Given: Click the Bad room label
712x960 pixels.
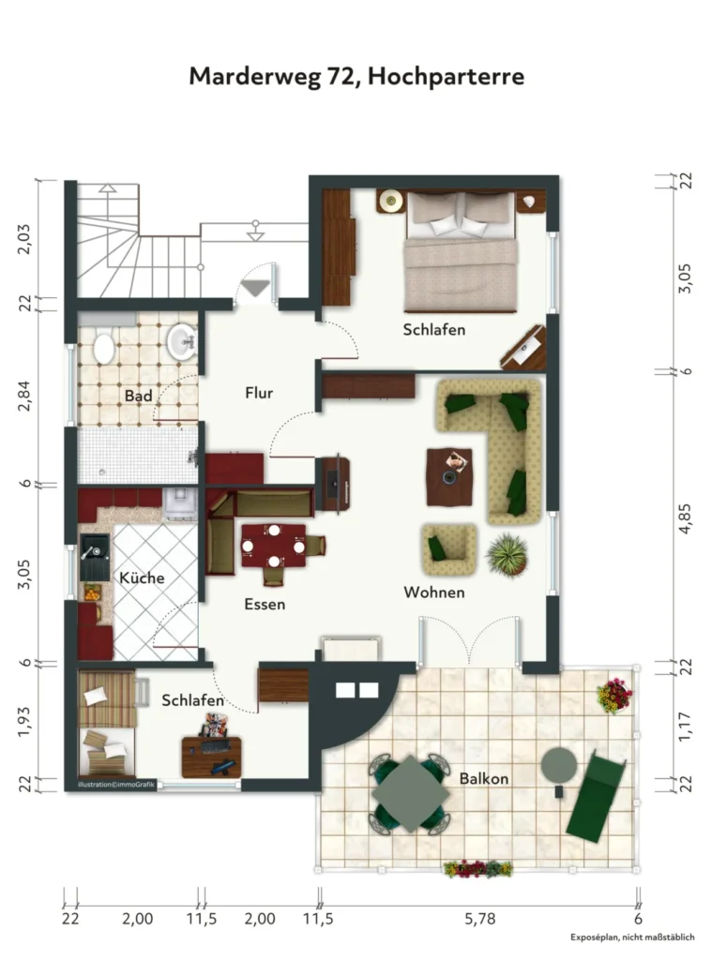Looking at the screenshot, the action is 138,396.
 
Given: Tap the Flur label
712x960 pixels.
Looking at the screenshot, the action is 259,393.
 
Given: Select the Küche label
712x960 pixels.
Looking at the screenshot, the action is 142,577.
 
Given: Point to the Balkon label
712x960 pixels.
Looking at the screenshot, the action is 483,779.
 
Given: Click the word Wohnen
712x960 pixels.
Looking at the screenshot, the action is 433,592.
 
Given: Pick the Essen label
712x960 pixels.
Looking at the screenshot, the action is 265,605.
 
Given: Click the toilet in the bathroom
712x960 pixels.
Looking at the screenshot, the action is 103,347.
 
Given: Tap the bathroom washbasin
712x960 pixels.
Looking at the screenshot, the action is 182,341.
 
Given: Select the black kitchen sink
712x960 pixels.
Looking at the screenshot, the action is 95,557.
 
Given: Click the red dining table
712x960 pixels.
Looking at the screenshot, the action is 273,546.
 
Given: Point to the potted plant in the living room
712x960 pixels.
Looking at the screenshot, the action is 507,555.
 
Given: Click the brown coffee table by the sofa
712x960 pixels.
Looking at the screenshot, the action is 449,477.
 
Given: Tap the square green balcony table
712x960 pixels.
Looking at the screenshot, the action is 410,793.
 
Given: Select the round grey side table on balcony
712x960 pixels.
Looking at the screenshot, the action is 559,765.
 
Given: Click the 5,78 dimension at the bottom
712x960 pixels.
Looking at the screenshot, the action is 479,919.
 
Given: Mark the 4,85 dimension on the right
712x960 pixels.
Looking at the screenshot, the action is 685,518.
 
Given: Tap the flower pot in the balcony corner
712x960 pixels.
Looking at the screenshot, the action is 614,696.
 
